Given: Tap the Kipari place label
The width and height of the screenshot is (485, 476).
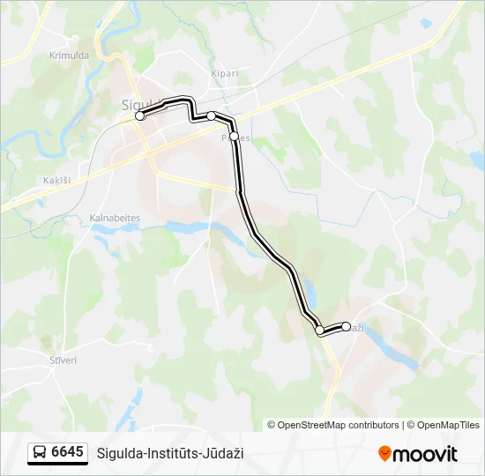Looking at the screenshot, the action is (225, 73).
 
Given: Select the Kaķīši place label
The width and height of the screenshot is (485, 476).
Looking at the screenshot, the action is (56, 180).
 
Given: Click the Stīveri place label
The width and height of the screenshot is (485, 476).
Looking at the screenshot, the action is (63, 360).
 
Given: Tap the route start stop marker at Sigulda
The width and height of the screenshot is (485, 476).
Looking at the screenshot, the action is (139, 115).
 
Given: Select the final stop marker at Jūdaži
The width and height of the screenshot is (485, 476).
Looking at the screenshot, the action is (346, 326).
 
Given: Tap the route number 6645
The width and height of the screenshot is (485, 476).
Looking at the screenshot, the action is (68, 452).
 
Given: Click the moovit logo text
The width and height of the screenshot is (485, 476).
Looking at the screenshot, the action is (425, 454).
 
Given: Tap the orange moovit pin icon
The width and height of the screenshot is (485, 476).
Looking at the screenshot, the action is (384, 454).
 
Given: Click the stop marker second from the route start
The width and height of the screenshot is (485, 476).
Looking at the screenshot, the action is (212, 116).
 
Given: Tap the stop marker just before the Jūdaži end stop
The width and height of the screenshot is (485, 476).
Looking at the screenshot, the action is (319, 331).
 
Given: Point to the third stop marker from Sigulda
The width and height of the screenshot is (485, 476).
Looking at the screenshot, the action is (234, 136).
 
